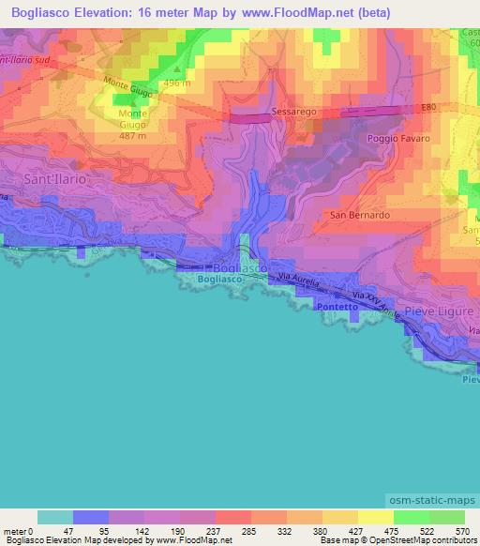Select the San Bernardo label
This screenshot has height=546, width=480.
click(x=360, y=215)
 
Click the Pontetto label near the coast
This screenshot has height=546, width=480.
click(x=337, y=306)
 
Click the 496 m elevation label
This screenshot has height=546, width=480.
click(x=177, y=83)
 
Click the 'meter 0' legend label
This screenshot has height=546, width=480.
click(x=16, y=530)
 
